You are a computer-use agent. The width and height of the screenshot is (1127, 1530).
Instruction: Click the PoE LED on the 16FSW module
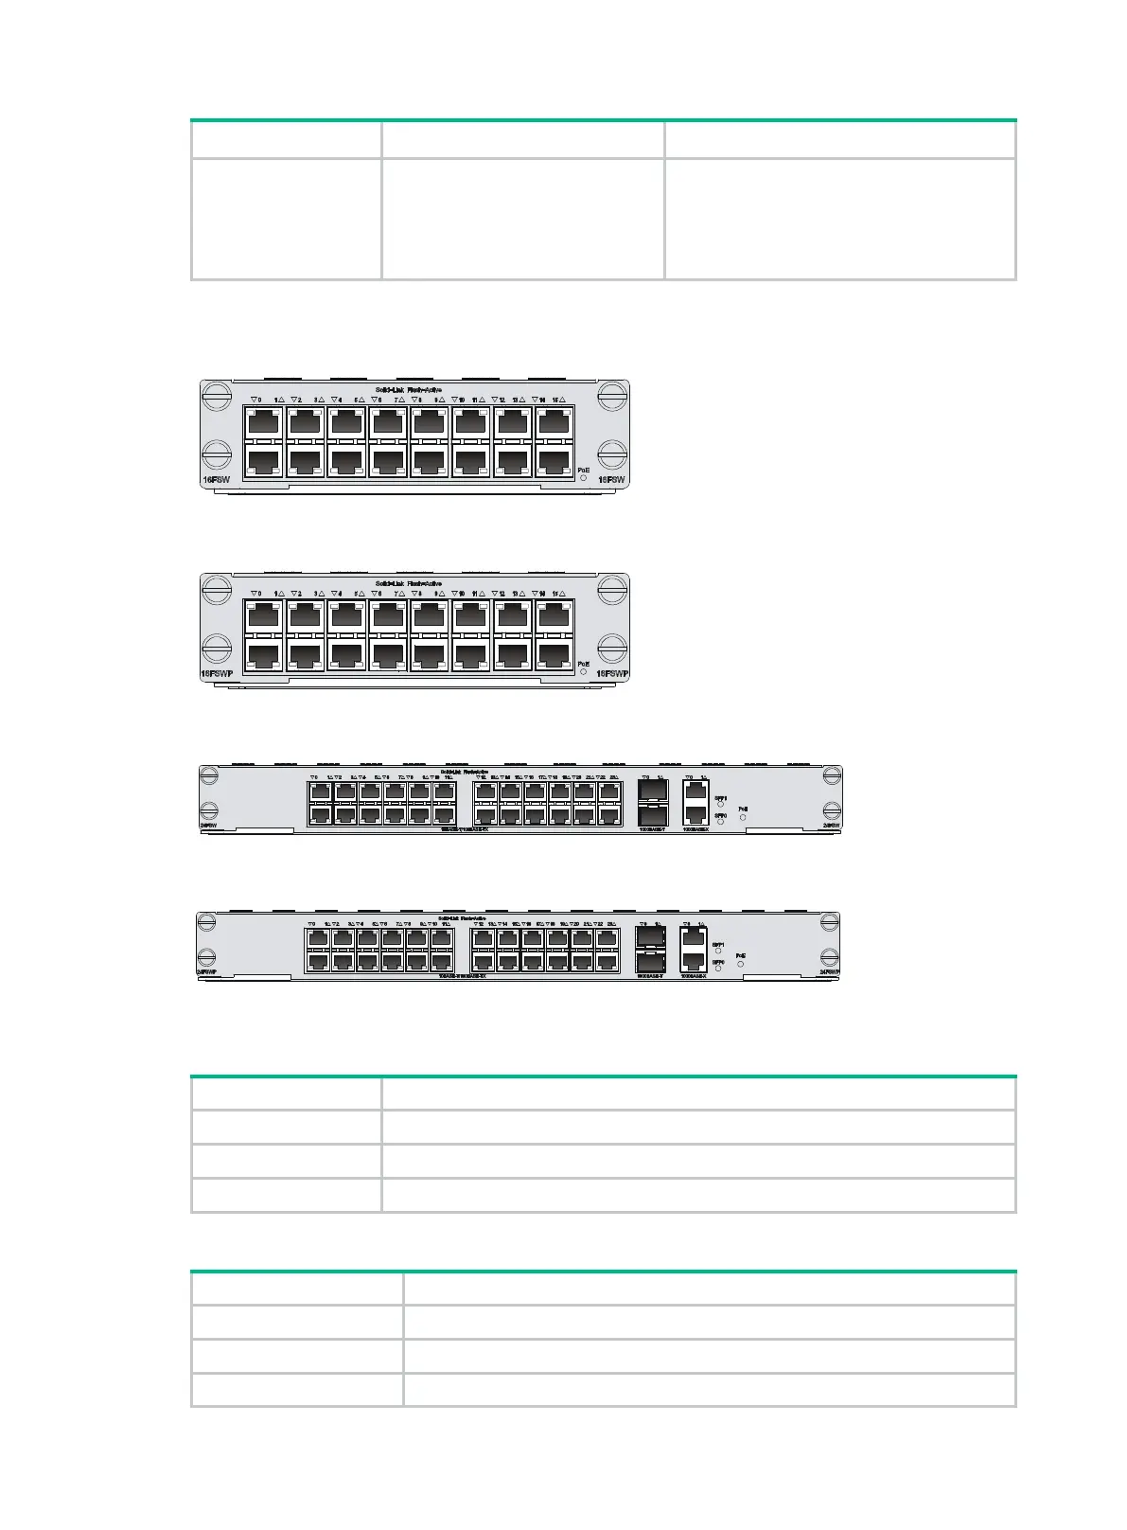pos(583,479)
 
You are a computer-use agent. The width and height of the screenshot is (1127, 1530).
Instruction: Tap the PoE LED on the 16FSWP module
pos(583,672)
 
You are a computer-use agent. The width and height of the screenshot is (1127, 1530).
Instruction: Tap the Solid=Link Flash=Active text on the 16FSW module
pos(408,389)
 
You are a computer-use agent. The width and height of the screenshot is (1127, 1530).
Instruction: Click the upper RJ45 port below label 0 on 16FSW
pos(263,420)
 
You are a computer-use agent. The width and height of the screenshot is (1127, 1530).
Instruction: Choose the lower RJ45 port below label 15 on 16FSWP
pos(555,654)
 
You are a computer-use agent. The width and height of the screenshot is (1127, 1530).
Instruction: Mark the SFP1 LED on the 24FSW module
pos(720,805)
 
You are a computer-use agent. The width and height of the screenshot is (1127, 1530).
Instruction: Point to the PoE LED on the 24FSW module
pos(743,817)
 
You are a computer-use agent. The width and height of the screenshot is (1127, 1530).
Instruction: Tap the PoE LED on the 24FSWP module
pos(740,964)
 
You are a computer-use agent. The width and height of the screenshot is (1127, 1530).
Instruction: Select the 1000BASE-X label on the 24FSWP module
pos(694,975)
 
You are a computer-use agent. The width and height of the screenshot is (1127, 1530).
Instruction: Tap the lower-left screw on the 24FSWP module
pos(205,956)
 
